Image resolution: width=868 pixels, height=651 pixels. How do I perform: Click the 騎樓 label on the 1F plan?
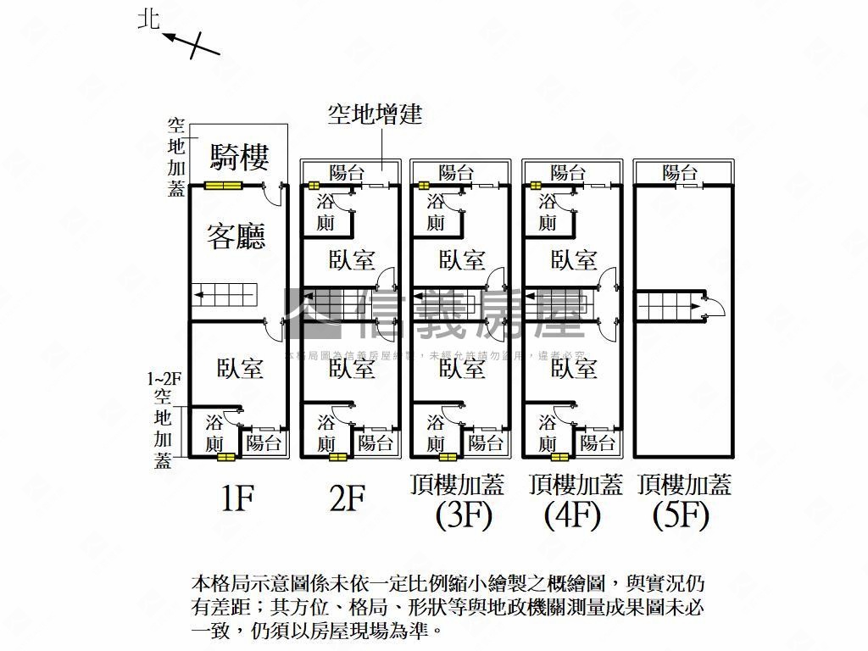(x=240, y=157)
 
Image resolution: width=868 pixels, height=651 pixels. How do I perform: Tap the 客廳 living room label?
(x=236, y=236)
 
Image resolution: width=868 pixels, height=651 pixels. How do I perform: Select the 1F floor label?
(x=236, y=499)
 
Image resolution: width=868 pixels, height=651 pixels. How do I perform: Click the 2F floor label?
(x=347, y=499)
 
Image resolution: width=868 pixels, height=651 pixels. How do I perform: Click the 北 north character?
(x=149, y=19)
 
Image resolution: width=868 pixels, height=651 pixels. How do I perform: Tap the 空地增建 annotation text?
(x=375, y=114)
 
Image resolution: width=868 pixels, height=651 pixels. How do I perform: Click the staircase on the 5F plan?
(x=670, y=305)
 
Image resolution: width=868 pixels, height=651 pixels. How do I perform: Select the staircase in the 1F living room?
(x=224, y=295)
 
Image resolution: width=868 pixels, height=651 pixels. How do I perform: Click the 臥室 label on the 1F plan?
(x=240, y=368)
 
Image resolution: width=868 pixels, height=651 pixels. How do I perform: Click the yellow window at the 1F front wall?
(x=224, y=186)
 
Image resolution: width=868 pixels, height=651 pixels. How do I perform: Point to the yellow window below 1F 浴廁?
(x=225, y=458)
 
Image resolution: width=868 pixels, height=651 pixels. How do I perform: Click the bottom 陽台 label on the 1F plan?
(x=264, y=442)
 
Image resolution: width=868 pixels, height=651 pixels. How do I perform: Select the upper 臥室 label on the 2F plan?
(x=351, y=259)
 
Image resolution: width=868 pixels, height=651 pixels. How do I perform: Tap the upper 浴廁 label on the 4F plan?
(x=548, y=212)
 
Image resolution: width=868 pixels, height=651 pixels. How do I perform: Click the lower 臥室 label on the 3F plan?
(x=462, y=368)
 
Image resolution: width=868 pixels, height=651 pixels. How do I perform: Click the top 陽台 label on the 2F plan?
(x=347, y=173)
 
